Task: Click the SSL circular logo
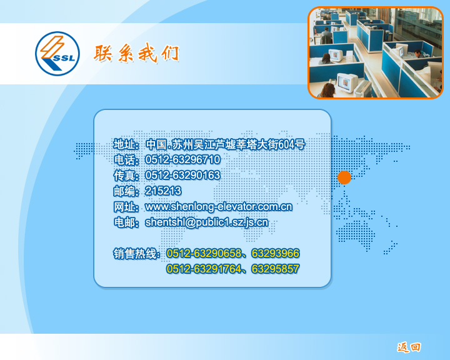pyautogui.click(x=57, y=54)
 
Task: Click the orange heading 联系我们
pyautogui.click(x=137, y=53)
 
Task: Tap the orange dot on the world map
pyautogui.click(x=344, y=177)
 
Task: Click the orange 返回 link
pyautogui.click(x=409, y=347)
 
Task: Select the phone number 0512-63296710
pyautogui.click(x=182, y=159)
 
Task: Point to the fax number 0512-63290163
pyautogui.click(x=182, y=175)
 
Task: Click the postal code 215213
pyautogui.click(x=163, y=191)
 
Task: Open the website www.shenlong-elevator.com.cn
pyautogui.click(x=219, y=207)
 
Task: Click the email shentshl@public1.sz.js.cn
pyautogui.click(x=207, y=222)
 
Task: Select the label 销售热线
pyautogui.click(x=135, y=254)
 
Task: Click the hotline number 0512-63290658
pyautogui.click(x=204, y=254)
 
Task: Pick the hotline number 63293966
pyautogui.click(x=276, y=254)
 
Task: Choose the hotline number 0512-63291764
pyautogui.click(x=204, y=269)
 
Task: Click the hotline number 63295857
pyautogui.click(x=276, y=269)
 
